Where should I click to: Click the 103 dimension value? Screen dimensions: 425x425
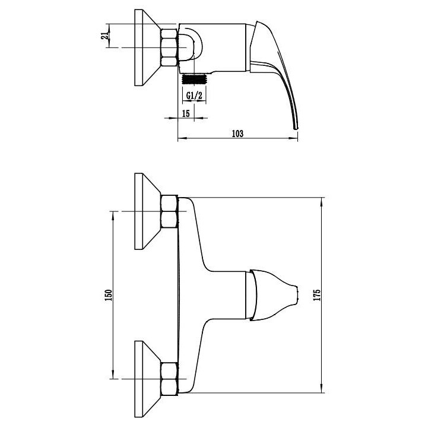coord(237,134)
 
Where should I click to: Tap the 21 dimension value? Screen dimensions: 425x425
coord(104,36)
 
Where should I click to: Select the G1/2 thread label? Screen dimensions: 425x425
coord(194,96)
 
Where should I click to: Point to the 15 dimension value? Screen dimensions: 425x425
coord(186,113)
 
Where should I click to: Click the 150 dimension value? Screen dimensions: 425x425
coord(109,295)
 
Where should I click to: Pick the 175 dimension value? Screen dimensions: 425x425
coord(317,295)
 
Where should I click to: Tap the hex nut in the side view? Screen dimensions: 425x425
coord(169,47)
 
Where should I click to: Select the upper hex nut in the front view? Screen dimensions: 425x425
coord(170,211)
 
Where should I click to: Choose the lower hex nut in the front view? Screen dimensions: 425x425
coord(170,379)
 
